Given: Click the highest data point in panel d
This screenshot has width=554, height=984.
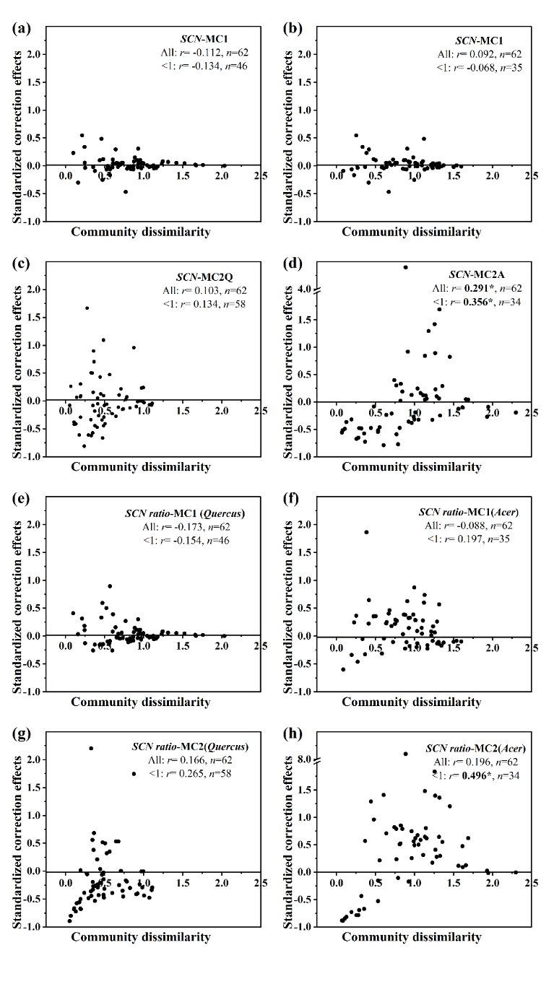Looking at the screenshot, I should (405, 267).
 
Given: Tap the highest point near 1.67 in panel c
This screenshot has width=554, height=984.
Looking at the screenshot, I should (87, 308).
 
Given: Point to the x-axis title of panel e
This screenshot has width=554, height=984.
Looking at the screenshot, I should (140, 702).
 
